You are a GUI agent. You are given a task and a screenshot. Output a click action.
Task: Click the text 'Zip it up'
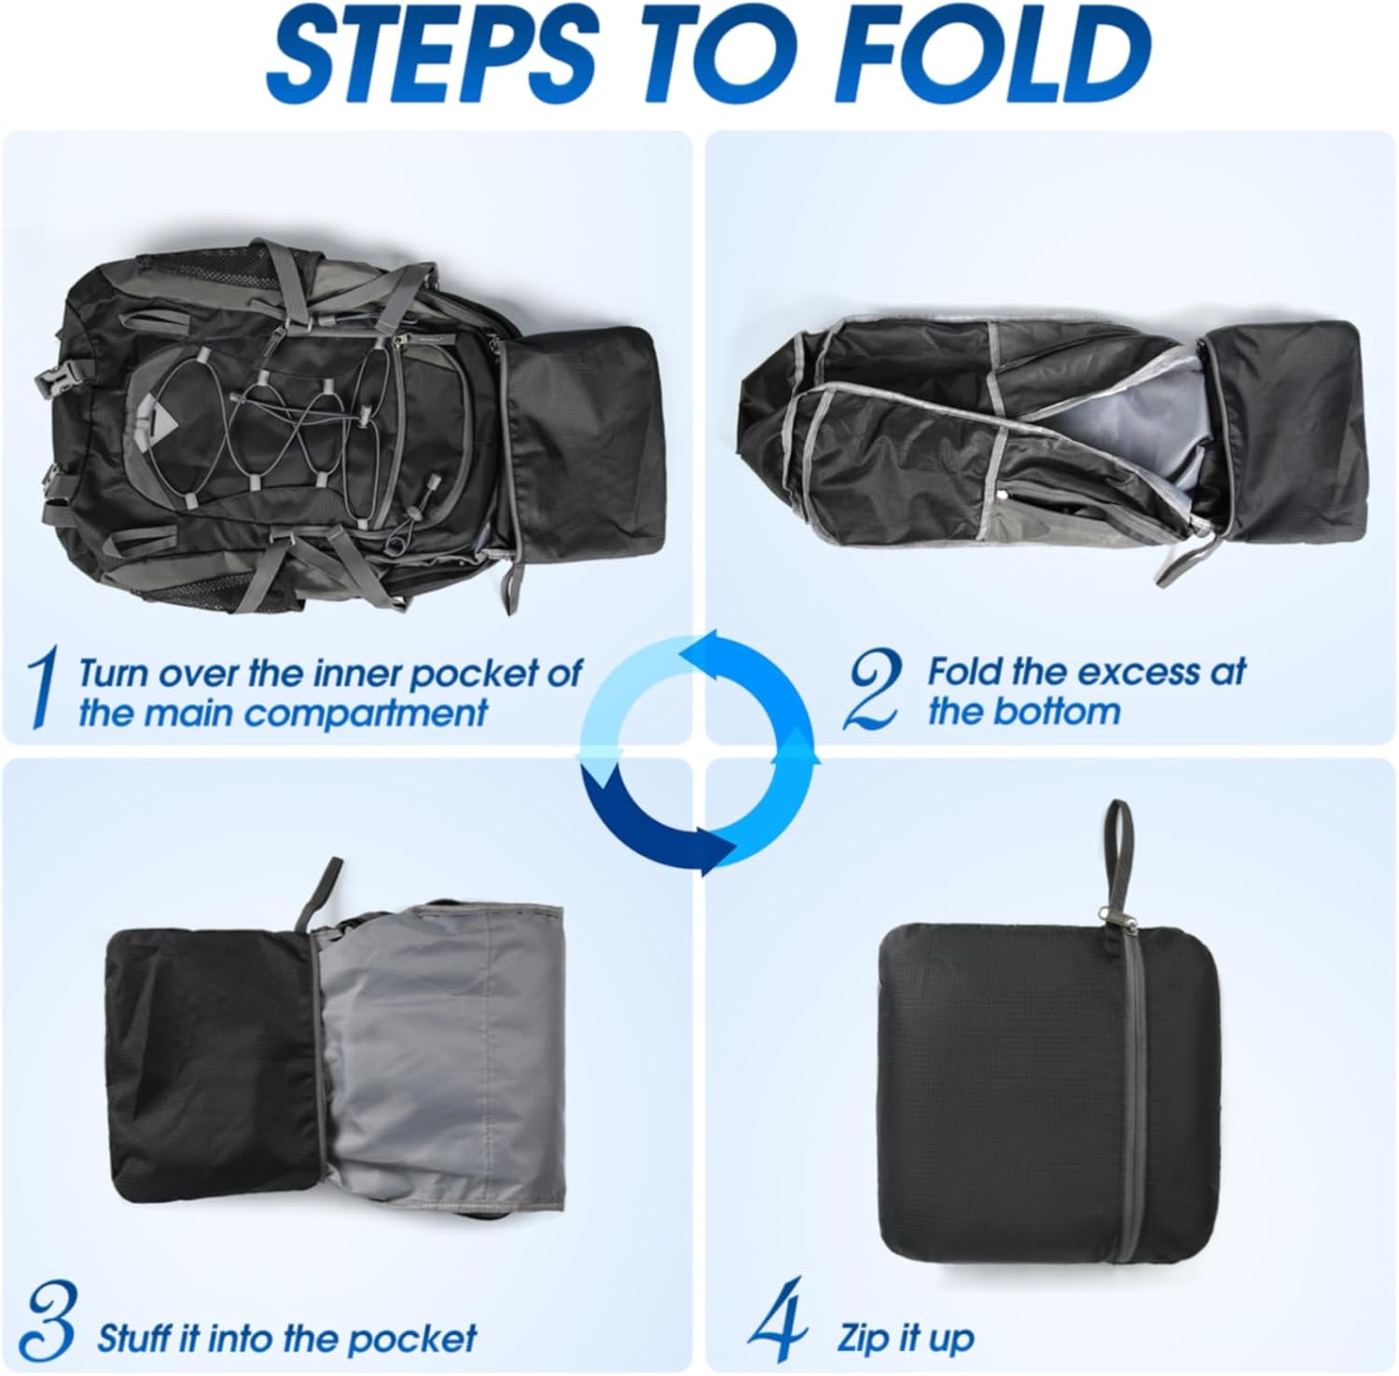pyautogui.click(x=906, y=1338)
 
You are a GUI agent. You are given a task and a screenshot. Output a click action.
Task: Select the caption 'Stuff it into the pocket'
pyautogui.click(x=286, y=1338)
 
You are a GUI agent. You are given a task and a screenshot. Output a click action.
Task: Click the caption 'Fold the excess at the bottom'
pyautogui.click(x=1085, y=691)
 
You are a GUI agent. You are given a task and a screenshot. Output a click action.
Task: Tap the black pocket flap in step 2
pyautogui.click(x=1282, y=429)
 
